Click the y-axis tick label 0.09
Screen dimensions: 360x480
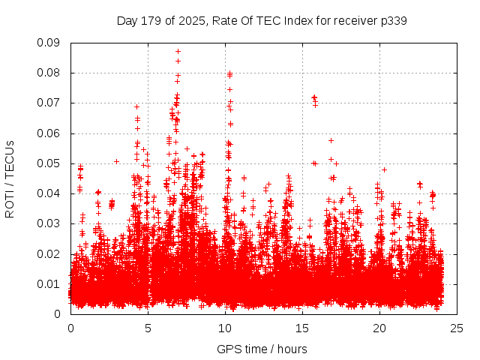coord(50,43)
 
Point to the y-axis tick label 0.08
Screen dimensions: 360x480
coord(50,73)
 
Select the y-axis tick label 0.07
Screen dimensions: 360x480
coord(50,103)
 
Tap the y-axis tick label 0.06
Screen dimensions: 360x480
coord(50,133)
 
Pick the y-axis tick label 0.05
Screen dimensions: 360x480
coord(50,163)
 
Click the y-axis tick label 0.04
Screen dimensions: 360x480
coord(50,193)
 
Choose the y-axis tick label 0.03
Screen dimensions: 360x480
coord(50,223)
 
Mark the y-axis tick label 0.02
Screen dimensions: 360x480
coord(50,253)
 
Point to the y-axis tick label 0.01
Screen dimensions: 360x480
coord(50,283)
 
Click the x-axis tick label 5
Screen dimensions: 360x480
coord(148,328)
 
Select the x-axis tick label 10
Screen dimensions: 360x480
coord(225,328)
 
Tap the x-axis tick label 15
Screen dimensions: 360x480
coord(302,328)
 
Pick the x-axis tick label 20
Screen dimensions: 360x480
coord(379,328)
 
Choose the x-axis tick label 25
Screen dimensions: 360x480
coord(457,328)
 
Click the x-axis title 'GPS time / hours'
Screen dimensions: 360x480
coord(262,349)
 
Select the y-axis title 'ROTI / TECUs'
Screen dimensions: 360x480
coord(10,178)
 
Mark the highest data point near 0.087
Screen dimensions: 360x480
coord(178,52)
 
